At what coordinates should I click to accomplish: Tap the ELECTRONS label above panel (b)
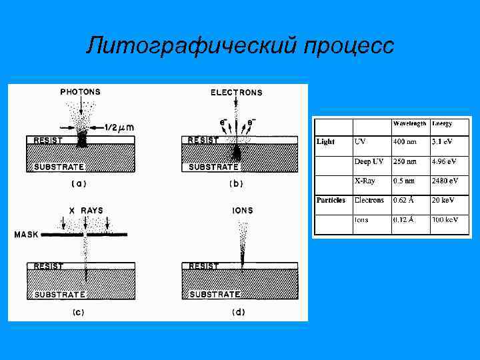click(237, 93)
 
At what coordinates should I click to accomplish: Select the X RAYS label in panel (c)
click(86, 211)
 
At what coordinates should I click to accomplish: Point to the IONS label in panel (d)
click(243, 211)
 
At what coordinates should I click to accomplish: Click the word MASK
click(27, 235)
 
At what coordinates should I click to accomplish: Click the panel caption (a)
click(79, 183)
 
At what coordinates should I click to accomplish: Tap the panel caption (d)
click(239, 311)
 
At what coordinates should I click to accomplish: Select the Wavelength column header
click(409, 124)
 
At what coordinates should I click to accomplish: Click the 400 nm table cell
click(405, 141)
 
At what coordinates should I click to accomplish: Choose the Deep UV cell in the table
click(369, 162)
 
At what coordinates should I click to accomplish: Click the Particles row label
click(331, 200)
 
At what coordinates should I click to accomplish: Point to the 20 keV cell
click(443, 200)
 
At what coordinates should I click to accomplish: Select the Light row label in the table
click(326, 141)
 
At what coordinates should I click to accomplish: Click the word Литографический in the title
click(191, 46)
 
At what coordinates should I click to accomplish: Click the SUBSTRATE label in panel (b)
click(214, 167)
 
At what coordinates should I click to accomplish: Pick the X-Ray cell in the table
click(364, 181)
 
